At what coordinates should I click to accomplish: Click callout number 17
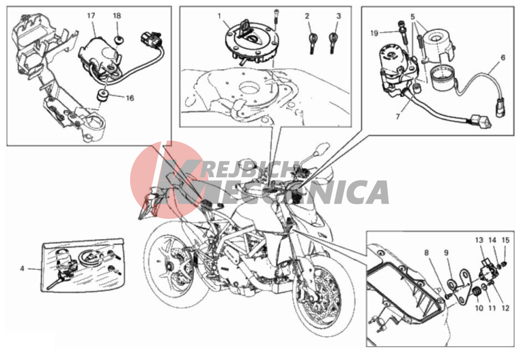pos(91,16)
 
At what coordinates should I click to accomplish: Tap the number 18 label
pos(117,16)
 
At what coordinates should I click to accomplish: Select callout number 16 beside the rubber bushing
pos(130,98)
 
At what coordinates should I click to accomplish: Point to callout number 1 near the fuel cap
pos(219,16)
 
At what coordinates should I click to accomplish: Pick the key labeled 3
pos(333,42)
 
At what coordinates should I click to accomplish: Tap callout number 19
pos(374,33)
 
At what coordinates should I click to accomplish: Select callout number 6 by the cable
pos(503,58)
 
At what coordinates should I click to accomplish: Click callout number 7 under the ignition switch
pos(398,116)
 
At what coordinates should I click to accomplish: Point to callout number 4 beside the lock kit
pos(22,269)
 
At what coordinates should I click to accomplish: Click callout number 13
pos(479,240)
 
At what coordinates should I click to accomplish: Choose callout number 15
pos(505,240)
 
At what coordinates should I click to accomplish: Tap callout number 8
pos(426,253)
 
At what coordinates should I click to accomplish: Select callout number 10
pos(479,308)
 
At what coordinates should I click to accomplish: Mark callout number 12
pos(505,308)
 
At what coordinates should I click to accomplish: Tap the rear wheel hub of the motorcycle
pos(169,265)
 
